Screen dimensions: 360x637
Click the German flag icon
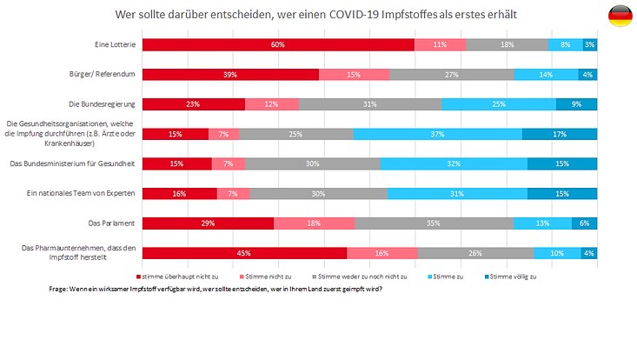(620, 15)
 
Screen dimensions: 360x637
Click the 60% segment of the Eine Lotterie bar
(278, 44)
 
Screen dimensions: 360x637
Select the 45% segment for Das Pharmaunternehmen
(244, 253)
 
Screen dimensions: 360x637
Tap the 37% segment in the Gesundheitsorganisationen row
(437, 134)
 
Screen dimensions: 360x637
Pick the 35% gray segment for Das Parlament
(434, 223)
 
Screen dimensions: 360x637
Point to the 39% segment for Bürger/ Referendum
(230, 75)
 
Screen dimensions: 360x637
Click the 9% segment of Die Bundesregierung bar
(576, 104)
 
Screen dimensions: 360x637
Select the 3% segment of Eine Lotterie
(590, 44)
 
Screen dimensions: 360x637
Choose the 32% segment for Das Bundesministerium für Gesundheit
(453, 164)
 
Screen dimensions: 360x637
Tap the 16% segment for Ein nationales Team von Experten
(179, 193)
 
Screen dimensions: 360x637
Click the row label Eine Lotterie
(112, 44)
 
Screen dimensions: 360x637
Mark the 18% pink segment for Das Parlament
(314, 223)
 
